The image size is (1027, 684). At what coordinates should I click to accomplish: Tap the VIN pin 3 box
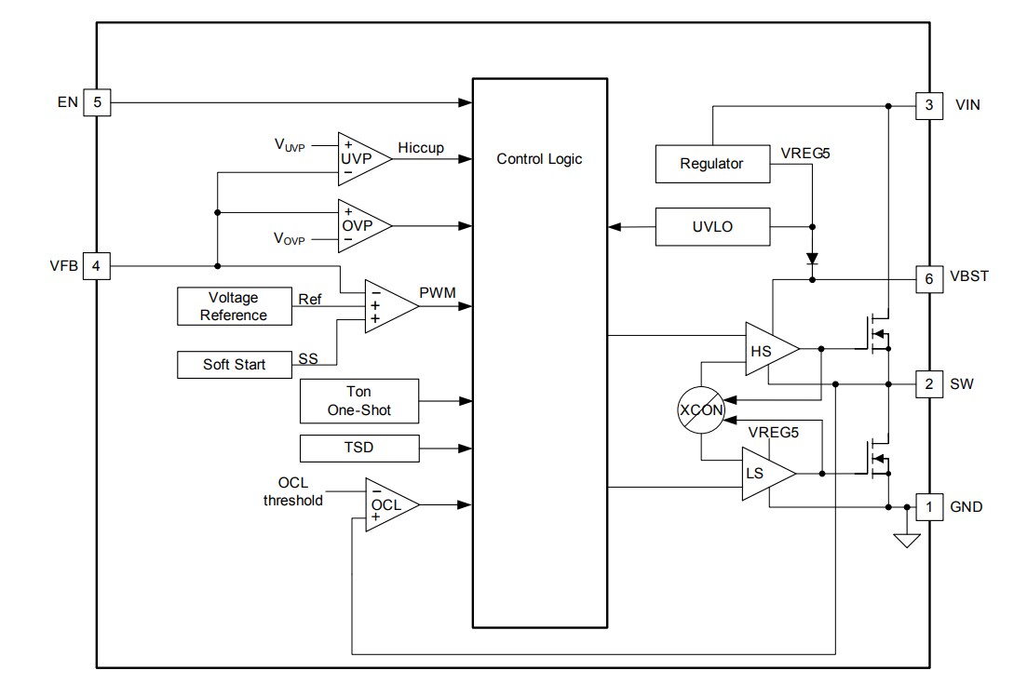click(x=928, y=106)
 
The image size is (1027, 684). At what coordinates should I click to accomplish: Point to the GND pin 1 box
click(x=928, y=507)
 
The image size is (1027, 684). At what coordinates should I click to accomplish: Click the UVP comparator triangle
click(x=358, y=158)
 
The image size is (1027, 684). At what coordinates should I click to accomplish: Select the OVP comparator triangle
click(x=358, y=225)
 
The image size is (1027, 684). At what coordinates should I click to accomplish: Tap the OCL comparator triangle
click(x=386, y=504)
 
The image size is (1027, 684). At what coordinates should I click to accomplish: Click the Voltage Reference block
click(x=234, y=306)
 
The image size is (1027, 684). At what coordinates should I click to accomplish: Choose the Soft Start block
click(x=234, y=364)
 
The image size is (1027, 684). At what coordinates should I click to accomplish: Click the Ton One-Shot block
click(x=358, y=401)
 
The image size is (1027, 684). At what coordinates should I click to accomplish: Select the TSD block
click(x=358, y=449)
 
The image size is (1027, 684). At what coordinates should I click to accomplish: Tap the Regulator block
click(x=712, y=164)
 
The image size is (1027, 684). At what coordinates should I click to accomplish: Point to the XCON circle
click(x=701, y=409)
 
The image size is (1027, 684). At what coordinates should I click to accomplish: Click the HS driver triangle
click(x=767, y=349)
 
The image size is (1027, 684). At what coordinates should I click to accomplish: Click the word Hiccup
click(x=421, y=148)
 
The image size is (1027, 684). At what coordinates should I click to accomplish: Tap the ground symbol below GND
click(x=907, y=539)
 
